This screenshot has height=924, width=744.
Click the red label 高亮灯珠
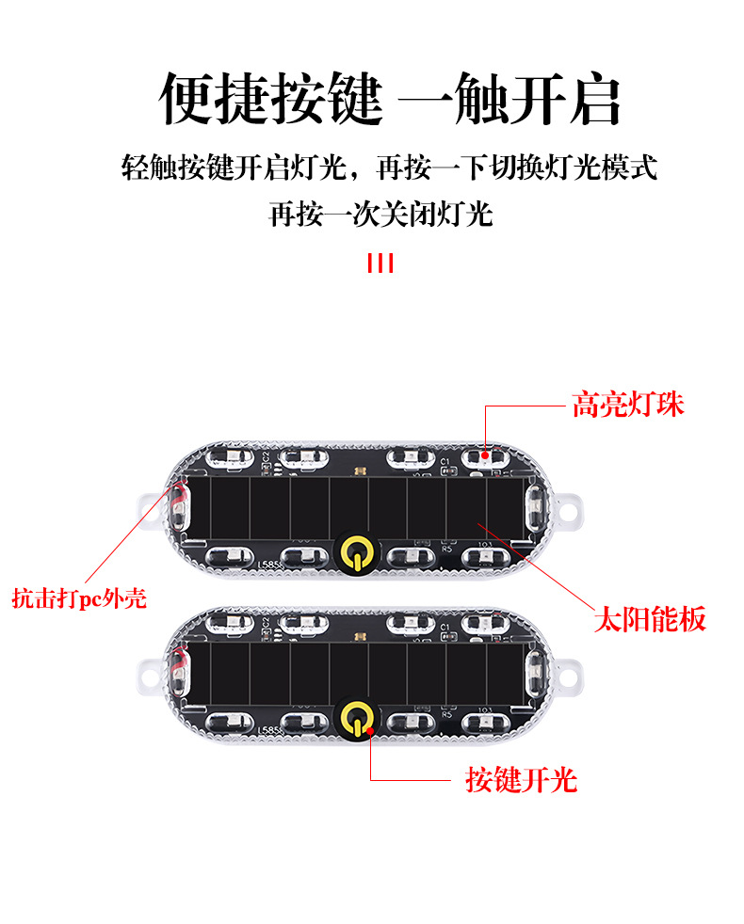pyautogui.click(x=628, y=405)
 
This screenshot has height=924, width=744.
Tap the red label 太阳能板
pyautogui.click(x=650, y=619)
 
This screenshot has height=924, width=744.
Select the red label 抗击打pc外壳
pyautogui.click(x=79, y=598)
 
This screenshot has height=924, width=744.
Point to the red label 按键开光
pyautogui.click(x=521, y=780)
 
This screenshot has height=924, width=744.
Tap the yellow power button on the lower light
pyautogui.click(x=356, y=718)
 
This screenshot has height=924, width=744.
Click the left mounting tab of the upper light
pyautogui.click(x=149, y=510)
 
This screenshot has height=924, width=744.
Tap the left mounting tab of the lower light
pyautogui.click(x=149, y=676)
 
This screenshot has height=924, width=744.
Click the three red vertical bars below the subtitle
pyautogui.click(x=380, y=263)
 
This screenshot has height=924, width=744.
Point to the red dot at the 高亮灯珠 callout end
pyautogui.click(x=485, y=454)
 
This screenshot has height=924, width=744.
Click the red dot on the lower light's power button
pyautogui.click(x=369, y=731)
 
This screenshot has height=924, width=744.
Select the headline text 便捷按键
pyautogui.click(x=271, y=99)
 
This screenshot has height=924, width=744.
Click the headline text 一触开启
pyautogui.click(x=509, y=99)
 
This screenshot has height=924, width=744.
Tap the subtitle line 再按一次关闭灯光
pyautogui.click(x=380, y=214)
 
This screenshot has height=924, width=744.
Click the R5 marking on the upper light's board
pyautogui.click(x=446, y=549)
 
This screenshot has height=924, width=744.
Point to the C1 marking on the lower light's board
pyautogui.click(x=445, y=627)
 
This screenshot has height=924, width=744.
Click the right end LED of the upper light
pyautogui.click(x=534, y=506)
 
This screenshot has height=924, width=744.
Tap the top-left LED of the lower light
pyautogui.click(x=230, y=622)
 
